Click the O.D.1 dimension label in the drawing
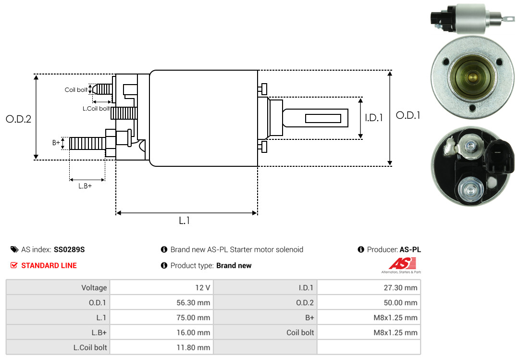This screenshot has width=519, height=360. pyautogui.click(x=408, y=115)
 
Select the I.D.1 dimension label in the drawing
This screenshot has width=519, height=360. pyautogui.click(x=373, y=117)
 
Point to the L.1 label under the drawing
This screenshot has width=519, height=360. pyautogui.click(x=185, y=221)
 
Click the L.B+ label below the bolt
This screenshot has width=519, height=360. pyautogui.click(x=85, y=186)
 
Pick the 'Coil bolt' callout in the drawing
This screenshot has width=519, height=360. pyautogui.click(x=76, y=90)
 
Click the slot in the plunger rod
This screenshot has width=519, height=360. pyautogui.click(x=323, y=118)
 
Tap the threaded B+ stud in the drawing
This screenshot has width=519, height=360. pyautogui.click(x=87, y=143)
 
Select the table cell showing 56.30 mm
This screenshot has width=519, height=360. pyautogui.click(x=161, y=303)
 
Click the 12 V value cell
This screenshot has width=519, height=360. pyautogui.click(x=161, y=288)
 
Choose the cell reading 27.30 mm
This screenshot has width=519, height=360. pyautogui.click(x=369, y=288)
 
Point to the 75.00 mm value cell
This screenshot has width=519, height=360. pyautogui.click(x=161, y=318)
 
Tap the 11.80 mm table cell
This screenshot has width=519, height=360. pyautogui.click(x=161, y=347)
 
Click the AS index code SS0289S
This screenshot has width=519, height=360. pyautogui.click(x=69, y=249)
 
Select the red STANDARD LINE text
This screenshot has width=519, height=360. pyautogui.click(x=49, y=265)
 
